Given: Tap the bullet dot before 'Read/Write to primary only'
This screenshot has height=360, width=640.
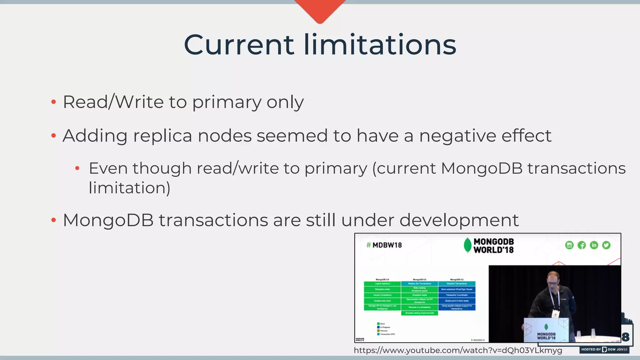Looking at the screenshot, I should point(53,102).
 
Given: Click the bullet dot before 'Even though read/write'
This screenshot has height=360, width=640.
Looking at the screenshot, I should point(77,169).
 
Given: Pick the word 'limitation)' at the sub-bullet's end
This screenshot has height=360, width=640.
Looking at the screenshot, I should point(129,188).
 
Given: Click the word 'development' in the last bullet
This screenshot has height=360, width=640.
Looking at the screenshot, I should point(459,220).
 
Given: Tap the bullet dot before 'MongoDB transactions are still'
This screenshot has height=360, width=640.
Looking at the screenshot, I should point(53,220).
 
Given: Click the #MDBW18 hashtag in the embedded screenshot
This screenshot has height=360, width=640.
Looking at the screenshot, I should point(384,245).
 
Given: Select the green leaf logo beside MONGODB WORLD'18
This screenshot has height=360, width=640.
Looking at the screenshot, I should point(467,245).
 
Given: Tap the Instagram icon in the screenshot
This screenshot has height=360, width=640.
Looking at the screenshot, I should point(569,245).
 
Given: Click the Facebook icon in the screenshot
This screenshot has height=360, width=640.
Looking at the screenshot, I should point(582,245).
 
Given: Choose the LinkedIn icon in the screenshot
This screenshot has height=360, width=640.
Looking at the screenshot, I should point(594,245).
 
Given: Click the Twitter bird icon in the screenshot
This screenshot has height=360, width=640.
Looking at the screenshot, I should point(606,245).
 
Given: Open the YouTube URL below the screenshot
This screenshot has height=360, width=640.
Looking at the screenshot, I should point(458,350).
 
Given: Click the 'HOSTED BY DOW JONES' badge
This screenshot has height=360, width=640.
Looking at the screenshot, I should point(604,349).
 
